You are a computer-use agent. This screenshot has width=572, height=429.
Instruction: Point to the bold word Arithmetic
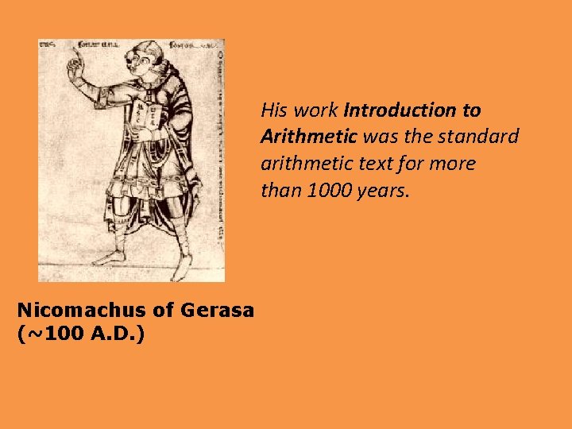308,137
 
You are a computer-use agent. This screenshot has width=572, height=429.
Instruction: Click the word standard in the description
480,137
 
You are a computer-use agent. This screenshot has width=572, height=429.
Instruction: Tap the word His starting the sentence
274,110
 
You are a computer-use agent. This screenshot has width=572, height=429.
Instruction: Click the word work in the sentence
315,110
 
